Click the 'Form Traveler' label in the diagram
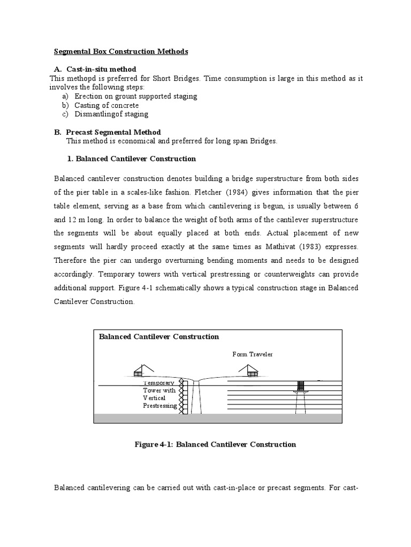[252, 354]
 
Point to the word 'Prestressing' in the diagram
[159, 406]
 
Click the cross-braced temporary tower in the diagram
[183, 396]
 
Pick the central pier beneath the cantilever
[197, 397]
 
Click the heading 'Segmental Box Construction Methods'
[121, 52]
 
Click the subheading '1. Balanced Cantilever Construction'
[131, 159]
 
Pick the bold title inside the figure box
[159, 337]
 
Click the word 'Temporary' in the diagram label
[159, 383]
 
